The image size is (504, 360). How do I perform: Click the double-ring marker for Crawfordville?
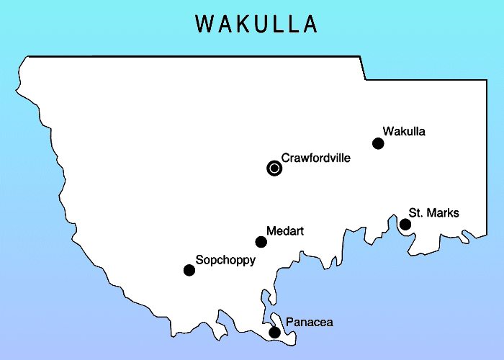(x=274, y=168)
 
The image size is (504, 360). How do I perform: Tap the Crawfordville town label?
(x=315, y=158)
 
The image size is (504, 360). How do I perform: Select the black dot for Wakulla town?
(x=378, y=143)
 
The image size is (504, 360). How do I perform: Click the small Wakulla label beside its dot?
(x=404, y=132)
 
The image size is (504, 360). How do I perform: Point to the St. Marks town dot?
(x=405, y=225)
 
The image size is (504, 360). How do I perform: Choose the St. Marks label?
(x=433, y=213)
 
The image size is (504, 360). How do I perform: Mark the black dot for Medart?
(x=261, y=242)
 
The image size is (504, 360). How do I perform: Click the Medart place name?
(x=285, y=231)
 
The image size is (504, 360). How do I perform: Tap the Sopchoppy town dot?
(x=189, y=270)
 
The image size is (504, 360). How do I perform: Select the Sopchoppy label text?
(x=225, y=260)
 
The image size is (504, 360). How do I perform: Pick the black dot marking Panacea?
(x=274, y=333)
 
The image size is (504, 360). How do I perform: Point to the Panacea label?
(x=309, y=323)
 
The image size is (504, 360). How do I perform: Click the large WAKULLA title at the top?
(x=256, y=24)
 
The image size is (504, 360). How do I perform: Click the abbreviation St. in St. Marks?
(x=416, y=213)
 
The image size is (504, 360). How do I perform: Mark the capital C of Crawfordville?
(x=286, y=158)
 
